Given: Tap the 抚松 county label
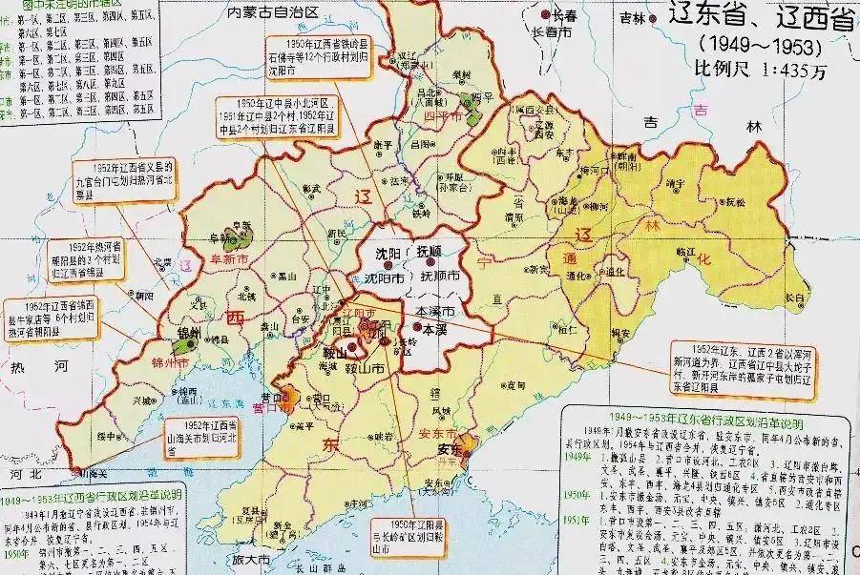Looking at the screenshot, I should (x=734, y=203).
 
